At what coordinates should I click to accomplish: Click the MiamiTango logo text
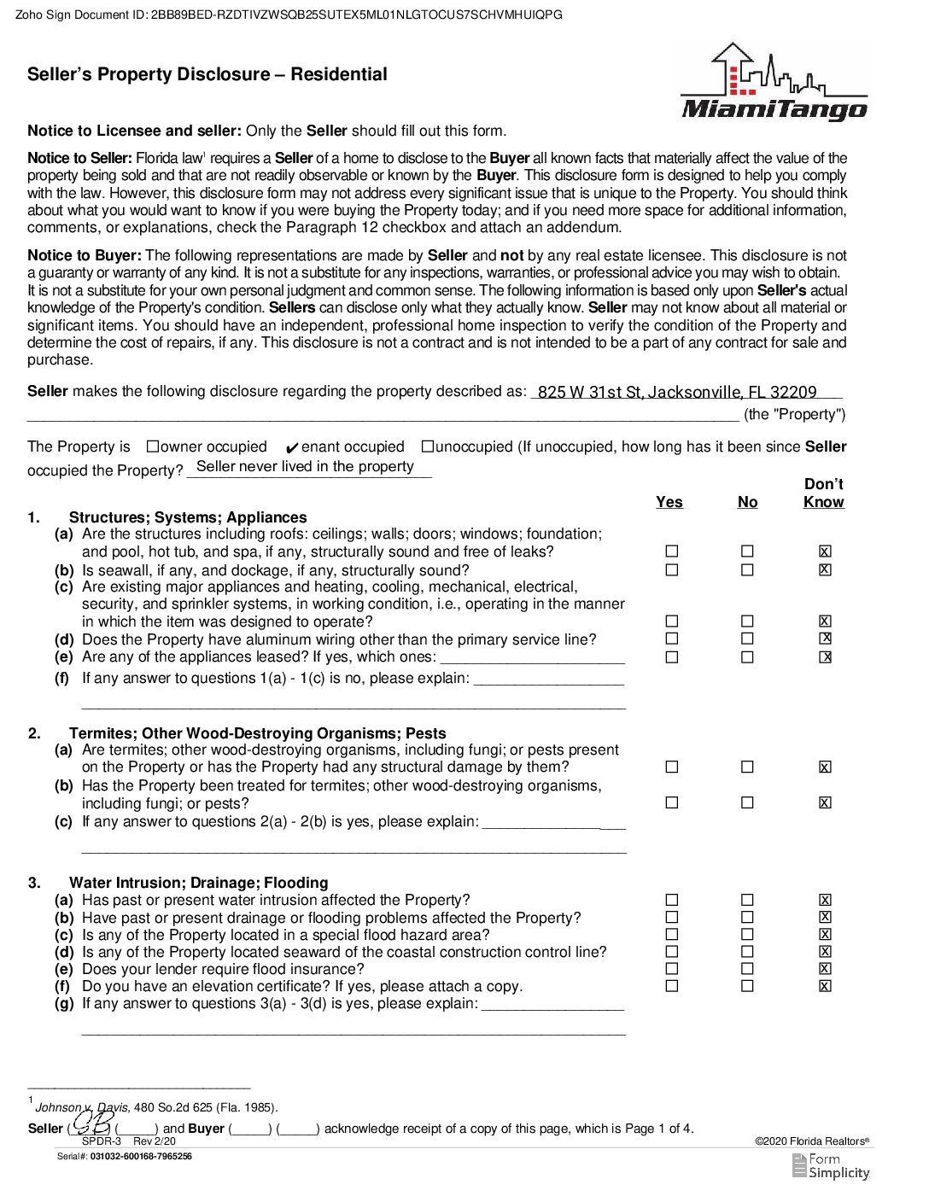click(x=774, y=109)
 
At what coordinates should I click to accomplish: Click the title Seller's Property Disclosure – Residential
click(x=207, y=74)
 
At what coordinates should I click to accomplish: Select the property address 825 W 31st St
click(x=676, y=392)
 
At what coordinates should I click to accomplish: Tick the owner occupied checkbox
click(x=153, y=446)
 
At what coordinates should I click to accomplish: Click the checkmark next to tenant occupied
click(x=292, y=448)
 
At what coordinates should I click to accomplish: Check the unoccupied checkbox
click(x=428, y=446)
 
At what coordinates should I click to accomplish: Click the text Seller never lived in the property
click(x=305, y=466)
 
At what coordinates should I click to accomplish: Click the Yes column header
click(x=669, y=502)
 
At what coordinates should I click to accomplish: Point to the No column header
click(x=747, y=502)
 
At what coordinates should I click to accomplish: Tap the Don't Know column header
click(x=823, y=493)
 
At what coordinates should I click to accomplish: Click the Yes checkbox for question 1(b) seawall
click(x=672, y=569)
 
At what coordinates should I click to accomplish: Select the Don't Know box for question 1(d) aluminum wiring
click(x=825, y=639)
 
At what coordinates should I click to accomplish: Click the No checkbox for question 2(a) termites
click(x=747, y=767)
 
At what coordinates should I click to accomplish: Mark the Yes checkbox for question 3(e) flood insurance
click(x=672, y=968)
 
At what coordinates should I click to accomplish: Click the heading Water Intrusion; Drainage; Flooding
click(x=198, y=883)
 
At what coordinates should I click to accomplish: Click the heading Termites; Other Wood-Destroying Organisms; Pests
click(x=257, y=733)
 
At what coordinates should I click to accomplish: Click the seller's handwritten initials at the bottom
click(x=91, y=1123)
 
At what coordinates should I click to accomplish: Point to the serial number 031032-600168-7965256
click(x=141, y=1157)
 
